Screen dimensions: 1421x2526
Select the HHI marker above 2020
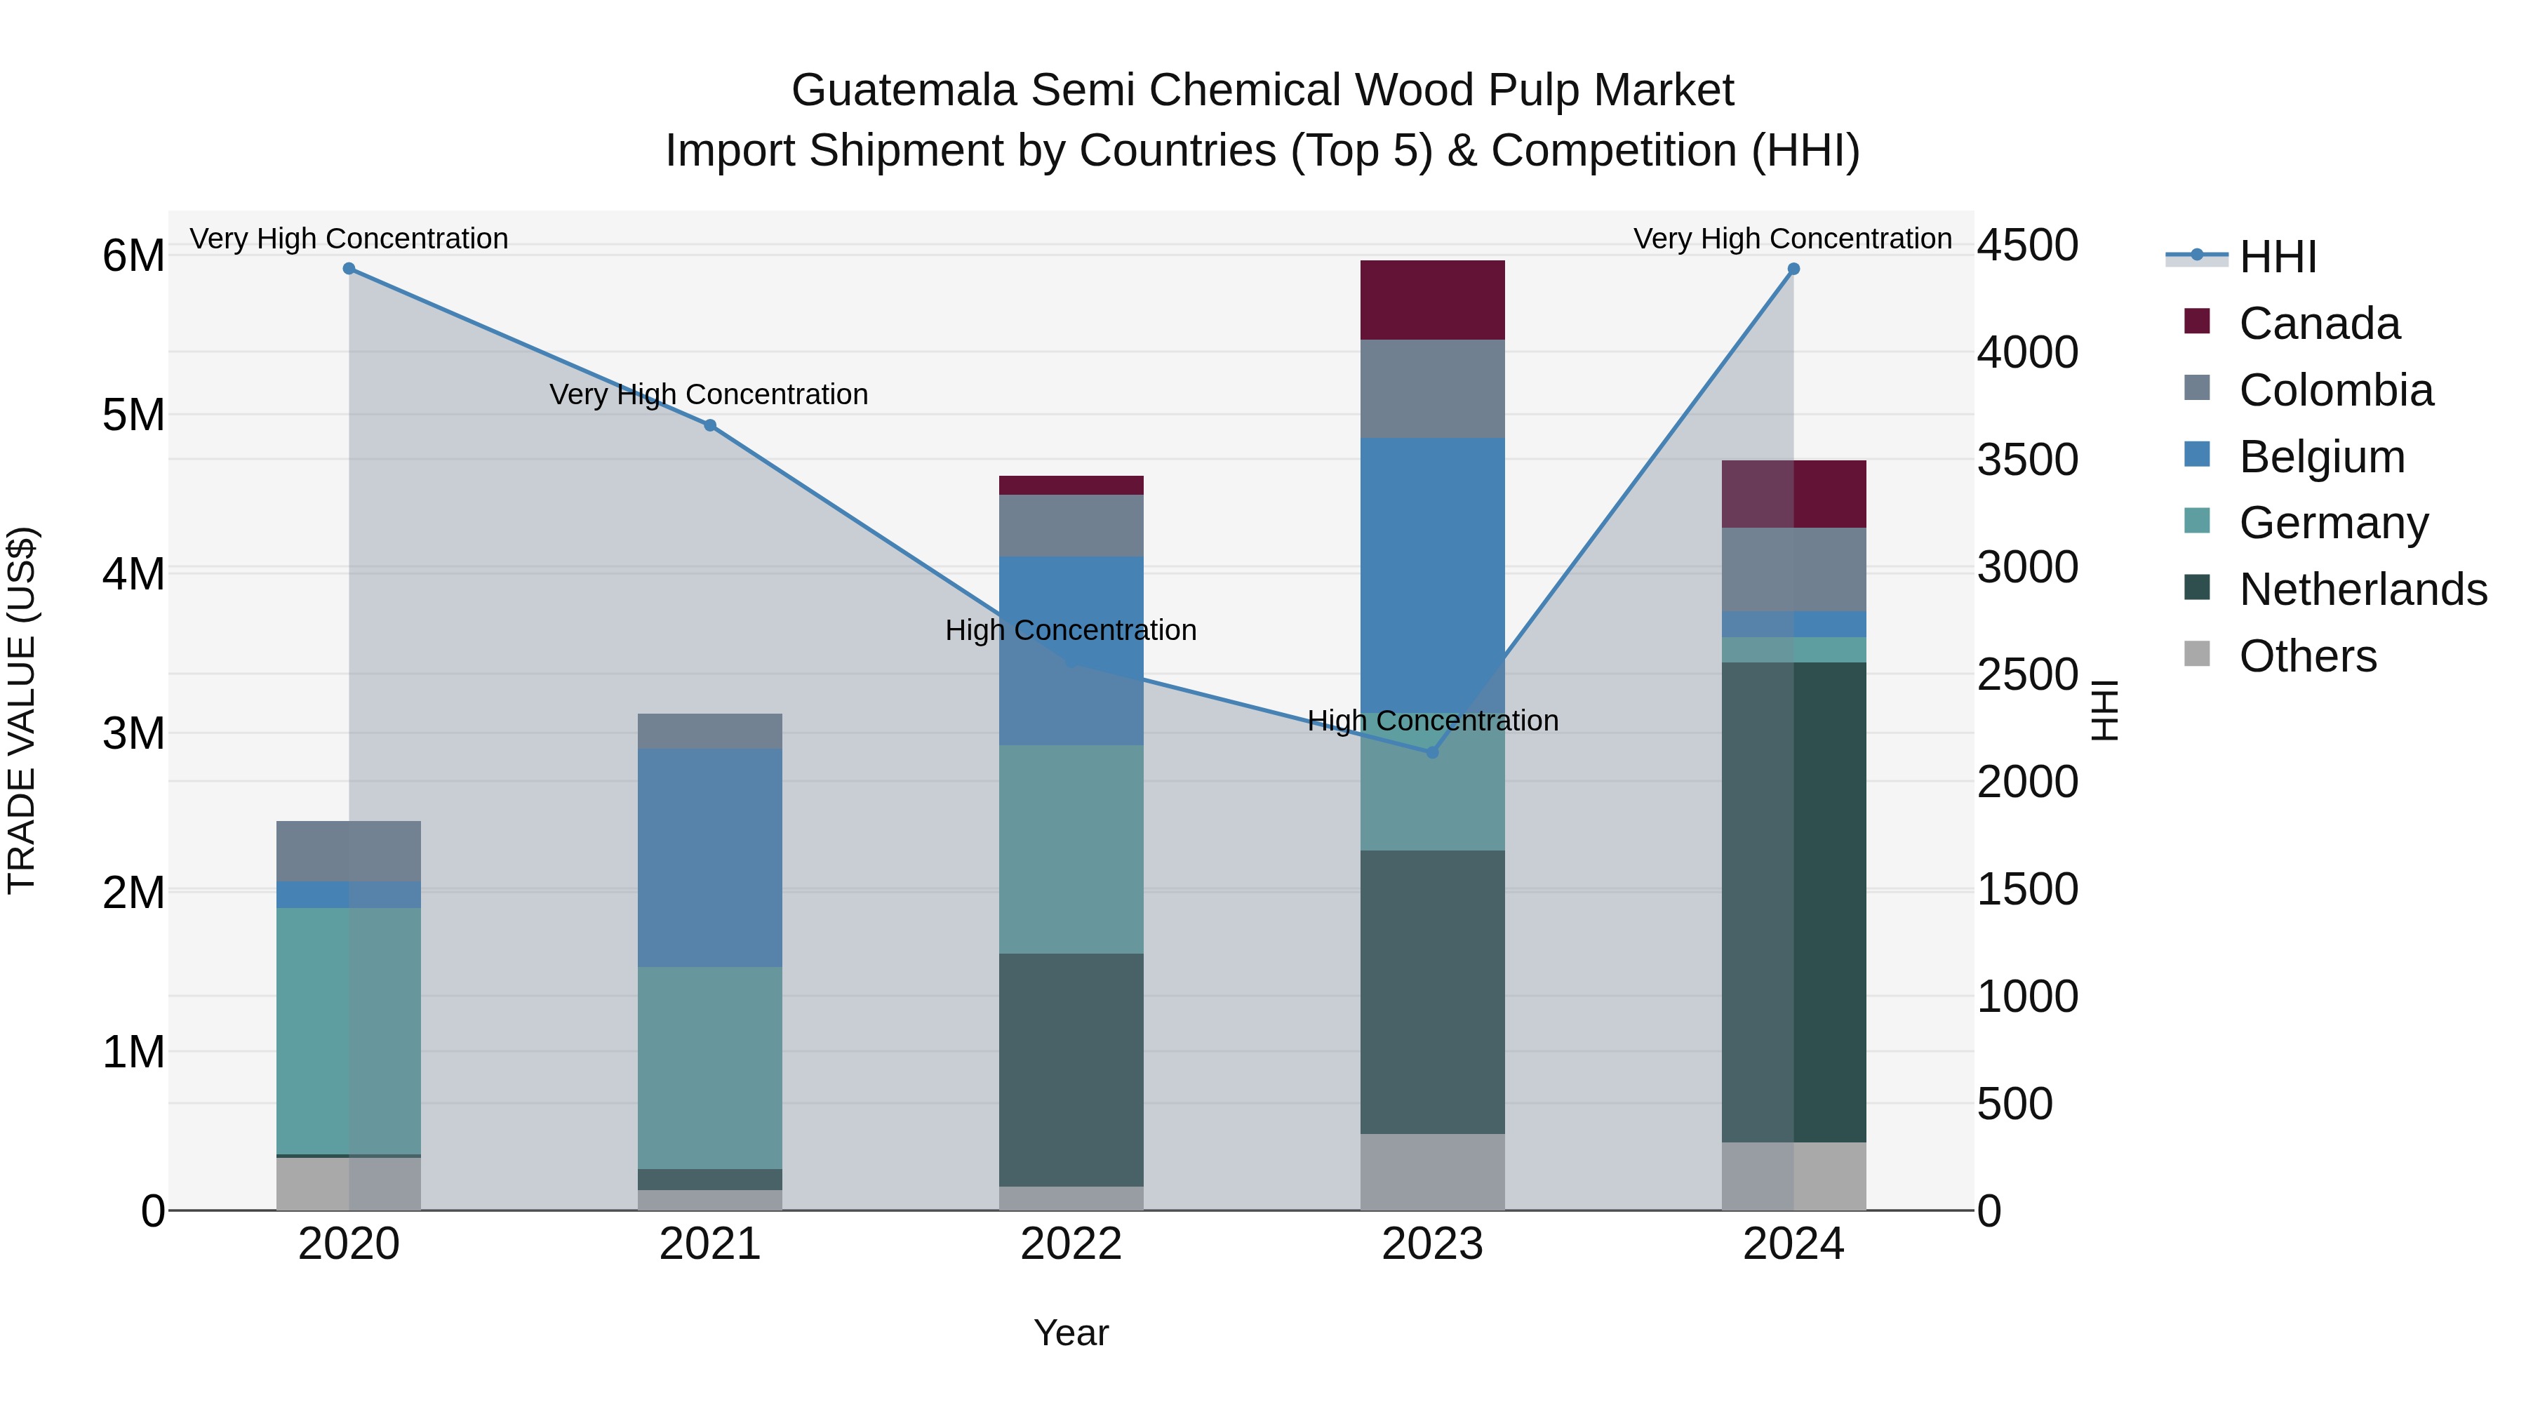point(349,269)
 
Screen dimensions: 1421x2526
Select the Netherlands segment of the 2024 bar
point(1793,902)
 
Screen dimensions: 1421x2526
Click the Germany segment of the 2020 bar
point(349,1029)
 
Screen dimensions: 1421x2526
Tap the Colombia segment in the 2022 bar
point(1071,526)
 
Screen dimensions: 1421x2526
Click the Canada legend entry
point(2319,323)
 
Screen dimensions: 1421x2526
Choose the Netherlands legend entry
point(2363,589)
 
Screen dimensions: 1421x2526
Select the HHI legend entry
point(2277,257)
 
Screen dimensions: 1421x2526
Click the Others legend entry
point(2307,656)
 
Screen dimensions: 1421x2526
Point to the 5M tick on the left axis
point(133,415)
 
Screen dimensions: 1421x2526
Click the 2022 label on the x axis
point(1071,1244)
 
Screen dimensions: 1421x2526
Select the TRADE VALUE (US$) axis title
point(22,710)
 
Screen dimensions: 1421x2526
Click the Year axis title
point(1071,1333)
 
